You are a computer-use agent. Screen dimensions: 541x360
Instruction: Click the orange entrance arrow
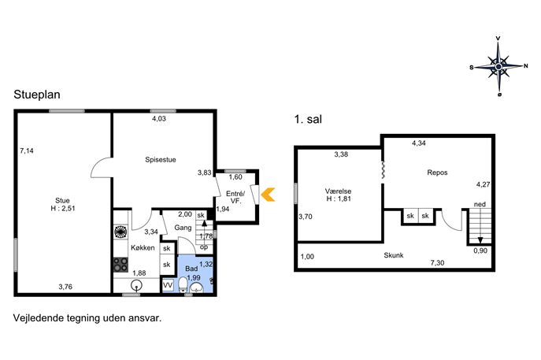click(x=267, y=195)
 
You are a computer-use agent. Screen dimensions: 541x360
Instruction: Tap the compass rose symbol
click(x=498, y=66)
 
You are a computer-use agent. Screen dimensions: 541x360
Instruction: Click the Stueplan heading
click(x=37, y=95)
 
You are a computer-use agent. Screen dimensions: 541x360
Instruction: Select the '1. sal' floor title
click(x=308, y=119)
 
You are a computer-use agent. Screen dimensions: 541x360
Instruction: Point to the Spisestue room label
click(x=161, y=159)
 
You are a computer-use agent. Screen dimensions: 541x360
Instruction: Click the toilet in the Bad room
click(x=183, y=285)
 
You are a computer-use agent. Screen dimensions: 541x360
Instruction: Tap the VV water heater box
click(x=168, y=285)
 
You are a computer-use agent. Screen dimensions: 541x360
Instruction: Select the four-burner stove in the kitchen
click(x=120, y=265)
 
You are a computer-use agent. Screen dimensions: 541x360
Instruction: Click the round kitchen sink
click(x=137, y=285)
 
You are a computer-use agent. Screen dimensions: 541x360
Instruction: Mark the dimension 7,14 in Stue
click(x=27, y=150)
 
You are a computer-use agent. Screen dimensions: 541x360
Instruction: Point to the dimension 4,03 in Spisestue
click(x=159, y=118)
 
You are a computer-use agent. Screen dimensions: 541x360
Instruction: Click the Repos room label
click(x=437, y=173)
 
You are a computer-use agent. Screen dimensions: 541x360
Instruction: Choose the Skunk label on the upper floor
click(x=394, y=255)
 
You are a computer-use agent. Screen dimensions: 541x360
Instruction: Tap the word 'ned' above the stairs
click(x=480, y=204)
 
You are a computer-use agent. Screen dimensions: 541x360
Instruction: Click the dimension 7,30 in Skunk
click(x=437, y=262)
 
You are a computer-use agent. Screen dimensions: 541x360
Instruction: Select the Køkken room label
click(x=143, y=247)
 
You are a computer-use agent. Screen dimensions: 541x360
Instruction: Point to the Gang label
click(x=183, y=228)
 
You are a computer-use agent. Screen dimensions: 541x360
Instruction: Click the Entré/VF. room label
click(x=235, y=197)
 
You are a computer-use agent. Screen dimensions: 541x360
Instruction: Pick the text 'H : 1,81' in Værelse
click(x=339, y=199)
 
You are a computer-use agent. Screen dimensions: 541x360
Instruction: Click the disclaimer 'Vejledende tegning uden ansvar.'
click(x=87, y=318)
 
